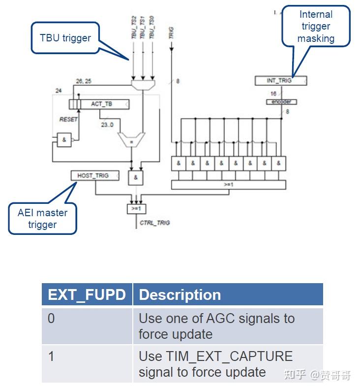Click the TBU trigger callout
tap(65, 37)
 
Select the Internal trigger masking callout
tap(316, 27)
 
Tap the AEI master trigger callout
tap(42, 219)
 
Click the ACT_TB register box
tap(102, 104)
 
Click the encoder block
tap(281, 102)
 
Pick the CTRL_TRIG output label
tap(154, 223)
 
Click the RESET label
tap(69, 120)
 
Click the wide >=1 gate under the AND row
tap(228, 185)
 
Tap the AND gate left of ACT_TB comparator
tap(63, 140)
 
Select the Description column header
tap(180, 294)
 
